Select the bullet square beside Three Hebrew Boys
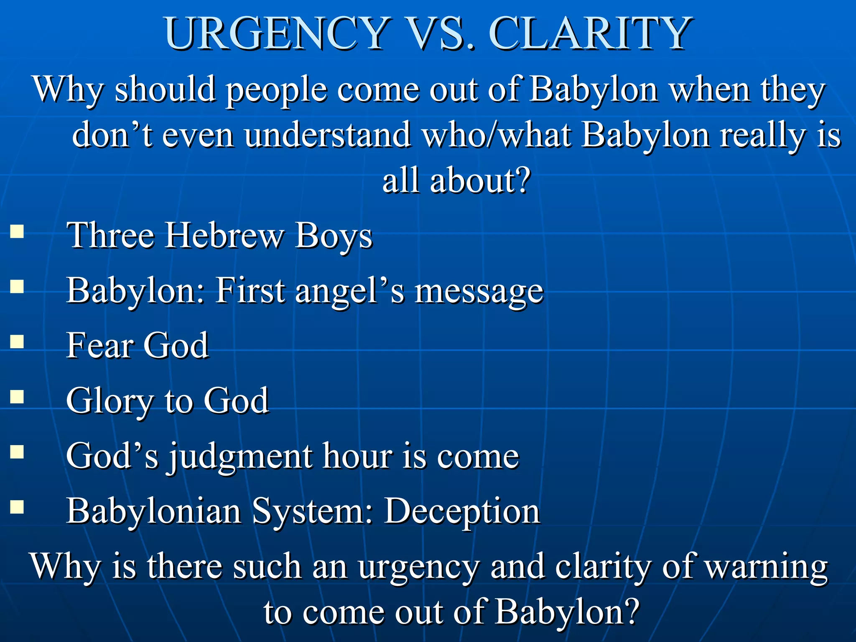[17, 231]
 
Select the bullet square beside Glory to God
[17, 397]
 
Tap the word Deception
[462, 512]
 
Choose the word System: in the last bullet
[312, 512]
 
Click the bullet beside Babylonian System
[17, 507]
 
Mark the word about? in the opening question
[481, 181]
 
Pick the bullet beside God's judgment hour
[17, 452]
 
